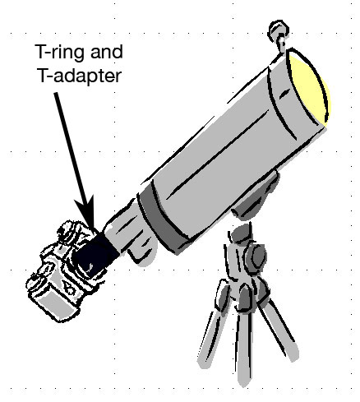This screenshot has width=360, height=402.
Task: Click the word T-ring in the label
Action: tap(60, 53)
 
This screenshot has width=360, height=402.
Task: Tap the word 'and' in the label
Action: tap(106, 52)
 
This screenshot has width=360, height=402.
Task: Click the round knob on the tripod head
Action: tap(257, 257)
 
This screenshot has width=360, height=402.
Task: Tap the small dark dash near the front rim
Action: tap(284, 95)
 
